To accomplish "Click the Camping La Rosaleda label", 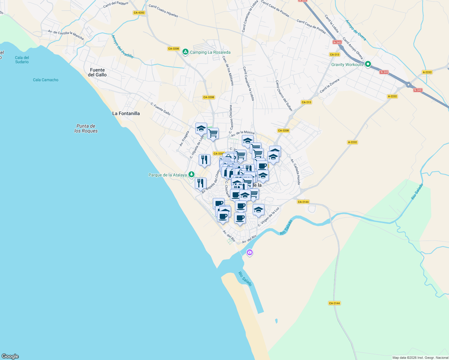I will pyautogui.click(x=210, y=52).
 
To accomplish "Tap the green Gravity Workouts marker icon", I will pyautogui.click(x=368, y=64).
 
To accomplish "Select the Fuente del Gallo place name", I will pyautogui.click(x=97, y=72).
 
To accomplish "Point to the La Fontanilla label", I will pyautogui.click(x=126, y=113).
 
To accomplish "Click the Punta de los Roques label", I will pyautogui.click(x=86, y=128).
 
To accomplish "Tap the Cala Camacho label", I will pyautogui.click(x=46, y=80).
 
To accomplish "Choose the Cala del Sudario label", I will pyautogui.click(x=22, y=60).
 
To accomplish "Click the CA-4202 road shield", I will pyautogui.click(x=139, y=13).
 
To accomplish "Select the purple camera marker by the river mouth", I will pyautogui.click(x=249, y=253).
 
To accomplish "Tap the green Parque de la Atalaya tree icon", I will pyautogui.click(x=191, y=175).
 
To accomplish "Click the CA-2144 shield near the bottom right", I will pyautogui.click(x=334, y=303).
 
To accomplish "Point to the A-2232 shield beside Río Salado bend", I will pyautogui.click(x=352, y=142).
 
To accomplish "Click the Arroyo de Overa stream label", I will pyautogui.click(x=356, y=30).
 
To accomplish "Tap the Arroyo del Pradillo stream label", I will pyautogui.click(x=122, y=46).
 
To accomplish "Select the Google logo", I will pyautogui.click(x=10, y=356).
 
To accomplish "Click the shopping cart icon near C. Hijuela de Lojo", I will pyautogui.click(x=213, y=133).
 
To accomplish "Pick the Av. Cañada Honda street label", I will pyautogui.click(x=295, y=172).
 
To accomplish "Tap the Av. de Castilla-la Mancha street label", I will pyautogui.click(x=66, y=34).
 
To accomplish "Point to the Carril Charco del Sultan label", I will pyautogui.click(x=284, y=95).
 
